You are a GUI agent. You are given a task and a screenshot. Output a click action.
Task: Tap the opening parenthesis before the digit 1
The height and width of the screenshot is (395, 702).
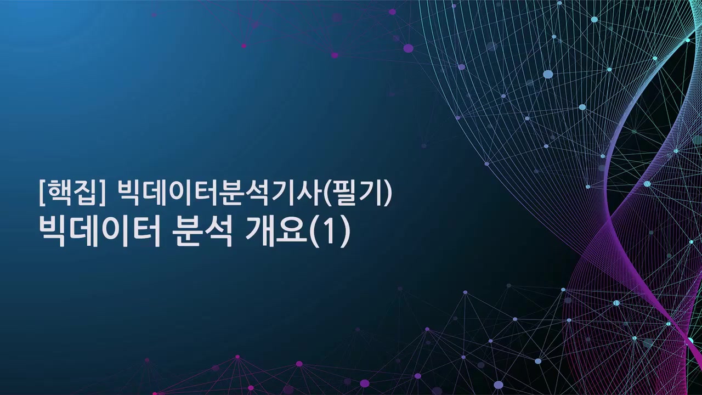[316, 233]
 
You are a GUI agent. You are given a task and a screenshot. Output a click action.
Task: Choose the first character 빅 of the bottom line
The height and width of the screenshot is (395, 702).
[54, 232]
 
